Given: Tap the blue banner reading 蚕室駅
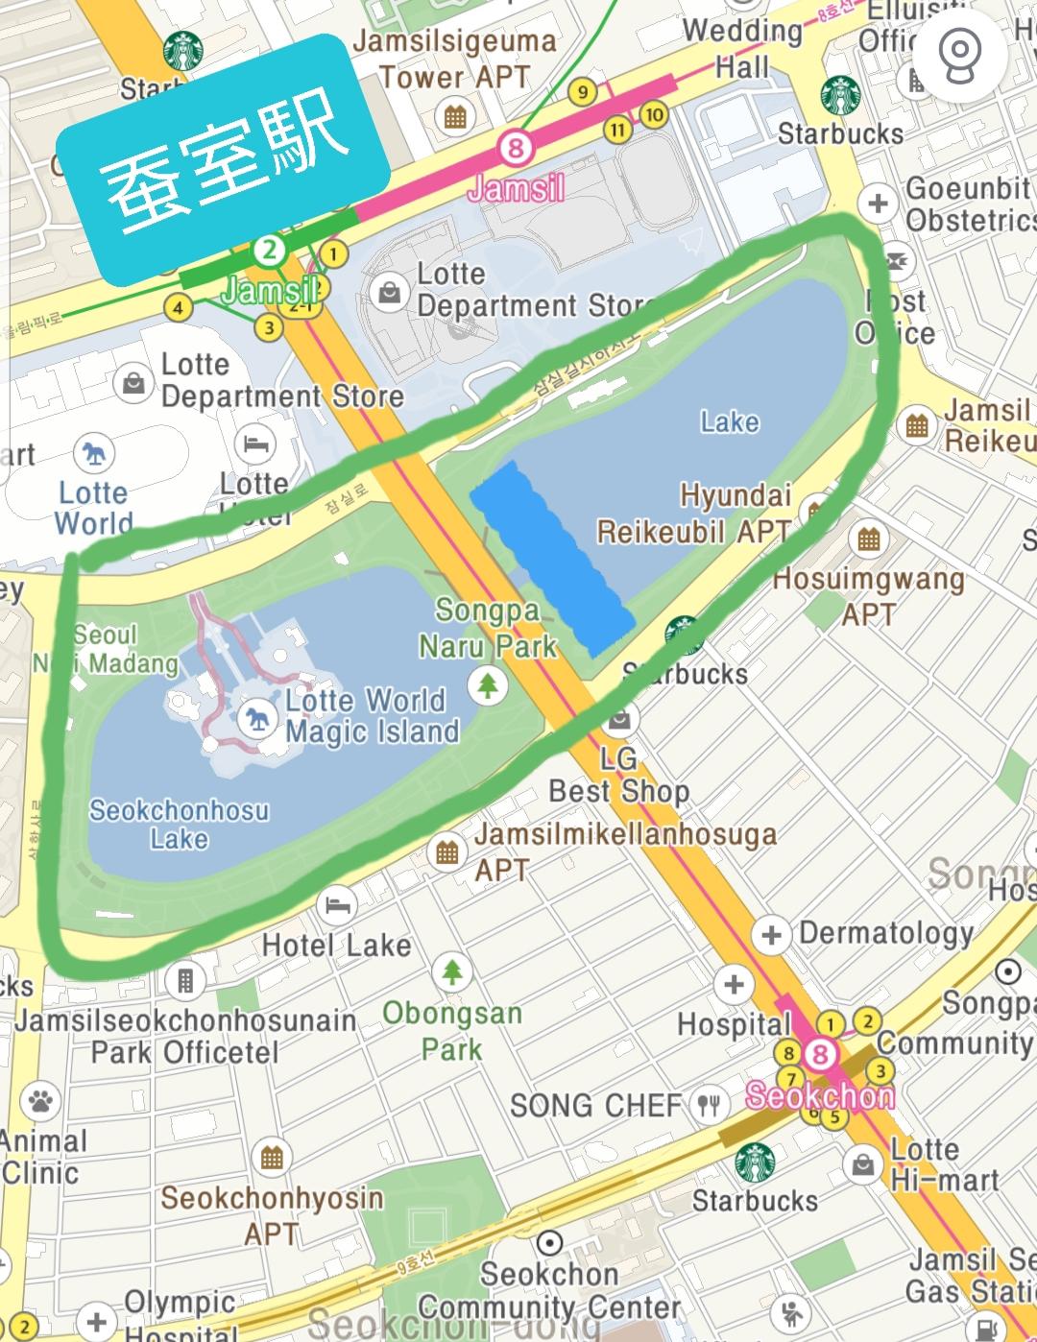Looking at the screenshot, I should (x=223, y=161).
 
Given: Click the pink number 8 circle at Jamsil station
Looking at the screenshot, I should (x=516, y=148).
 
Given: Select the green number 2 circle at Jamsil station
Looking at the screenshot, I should (x=270, y=251).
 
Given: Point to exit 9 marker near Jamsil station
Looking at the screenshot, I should (x=582, y=92).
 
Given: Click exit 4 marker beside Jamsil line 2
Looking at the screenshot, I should (x=177, y=307).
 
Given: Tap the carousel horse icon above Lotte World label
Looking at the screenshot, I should (x=93, y=454).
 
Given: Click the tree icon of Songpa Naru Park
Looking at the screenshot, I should (x=488, y=684).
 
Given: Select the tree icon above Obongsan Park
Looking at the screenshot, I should (x=451, y=972).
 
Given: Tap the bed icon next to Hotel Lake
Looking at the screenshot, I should (x=337, y=904).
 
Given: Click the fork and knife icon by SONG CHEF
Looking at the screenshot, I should (x=709, y=1106).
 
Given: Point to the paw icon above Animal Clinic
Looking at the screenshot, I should (x=39, y=1100).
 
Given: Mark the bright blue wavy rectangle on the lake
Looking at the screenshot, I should (x=551, y=557).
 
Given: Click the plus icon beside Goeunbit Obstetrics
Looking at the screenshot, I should (x=877, y=203).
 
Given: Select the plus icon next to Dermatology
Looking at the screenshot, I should (x=771, y=934).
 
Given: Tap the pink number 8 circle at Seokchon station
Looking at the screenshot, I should (x=819, y=1055).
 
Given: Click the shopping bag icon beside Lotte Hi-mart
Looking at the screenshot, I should (x=862, y=1165).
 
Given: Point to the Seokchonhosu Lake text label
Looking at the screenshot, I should (x=179, y=824).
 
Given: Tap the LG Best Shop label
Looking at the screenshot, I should (x=619, y=776).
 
